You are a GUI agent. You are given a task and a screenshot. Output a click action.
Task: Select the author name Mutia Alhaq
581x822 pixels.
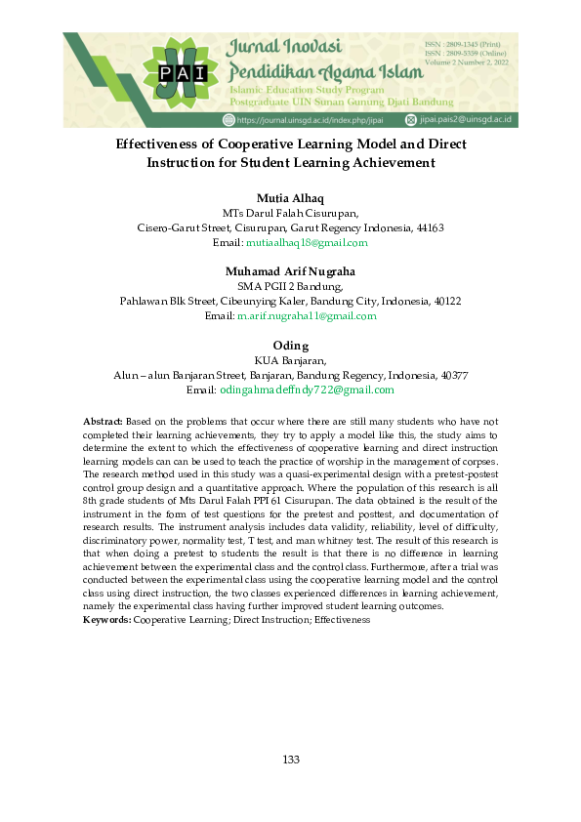click(x=290, y=198)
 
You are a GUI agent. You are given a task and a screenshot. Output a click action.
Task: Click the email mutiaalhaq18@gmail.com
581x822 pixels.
click(x=308, y=242)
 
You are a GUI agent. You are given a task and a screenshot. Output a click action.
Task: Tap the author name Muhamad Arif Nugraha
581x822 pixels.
click(x=290, y=270)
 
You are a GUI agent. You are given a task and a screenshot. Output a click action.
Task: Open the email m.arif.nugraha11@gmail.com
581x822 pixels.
click(x=307, y=315)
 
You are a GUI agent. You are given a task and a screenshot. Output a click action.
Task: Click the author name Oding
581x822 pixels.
click(x=290, y=346)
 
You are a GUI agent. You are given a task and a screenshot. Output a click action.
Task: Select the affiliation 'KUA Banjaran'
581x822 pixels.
click(x=290, y=360)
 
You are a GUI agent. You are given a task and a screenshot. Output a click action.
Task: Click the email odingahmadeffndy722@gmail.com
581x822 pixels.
click(x=307, y=390)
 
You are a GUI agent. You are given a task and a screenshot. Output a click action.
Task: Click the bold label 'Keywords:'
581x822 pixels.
click(x=107, y=619)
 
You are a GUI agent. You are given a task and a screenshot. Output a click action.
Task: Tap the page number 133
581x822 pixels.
click(x=290, y=760)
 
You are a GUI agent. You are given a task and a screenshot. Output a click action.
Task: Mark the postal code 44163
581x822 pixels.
click(x=430, y=227)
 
